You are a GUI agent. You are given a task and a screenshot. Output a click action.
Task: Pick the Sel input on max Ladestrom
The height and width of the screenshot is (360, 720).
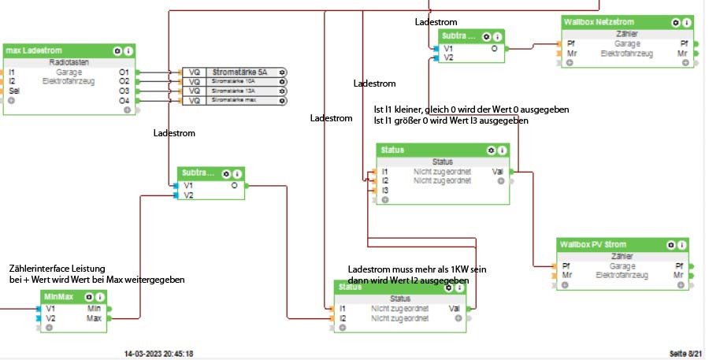click(x=12, y=91)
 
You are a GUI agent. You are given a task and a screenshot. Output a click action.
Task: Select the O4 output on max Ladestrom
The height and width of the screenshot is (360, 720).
click(x=124, y=101)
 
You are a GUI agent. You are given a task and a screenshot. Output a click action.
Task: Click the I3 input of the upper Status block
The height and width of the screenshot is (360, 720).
click(x=385, y=190)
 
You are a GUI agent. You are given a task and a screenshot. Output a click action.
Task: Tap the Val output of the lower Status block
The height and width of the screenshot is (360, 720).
click(x=455, y=309)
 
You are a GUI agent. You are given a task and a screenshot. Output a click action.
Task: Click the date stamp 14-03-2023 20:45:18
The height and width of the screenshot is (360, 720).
click(x=158, y=353)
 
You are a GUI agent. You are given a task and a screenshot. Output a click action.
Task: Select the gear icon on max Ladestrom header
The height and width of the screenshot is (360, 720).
click(x=118, y=50)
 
